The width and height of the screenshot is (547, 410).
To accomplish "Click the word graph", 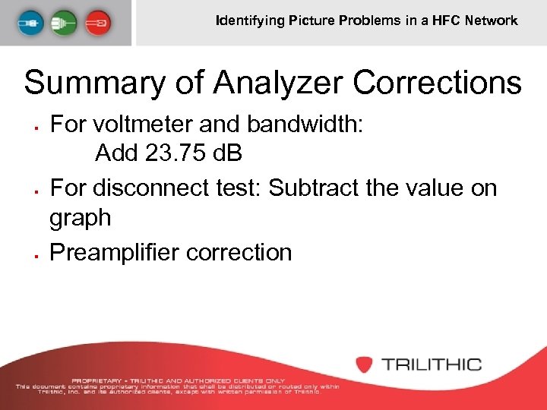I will coord(80,219).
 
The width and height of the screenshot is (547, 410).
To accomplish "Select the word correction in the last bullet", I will coord(239,251).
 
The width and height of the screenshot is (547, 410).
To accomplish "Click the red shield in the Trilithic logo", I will coord(365,364).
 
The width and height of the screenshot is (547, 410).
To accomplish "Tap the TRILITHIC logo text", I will coord(432,364).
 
